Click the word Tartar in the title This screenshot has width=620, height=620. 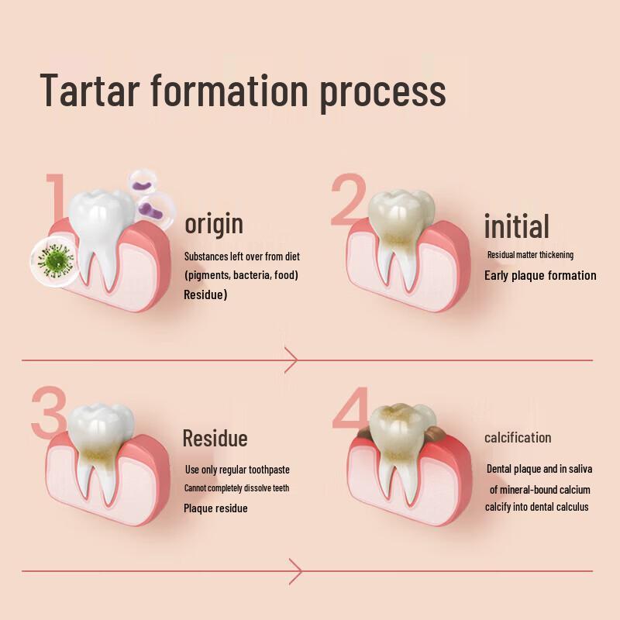click(90, 90)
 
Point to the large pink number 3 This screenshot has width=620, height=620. click(49, 412)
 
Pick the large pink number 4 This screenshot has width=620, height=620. click(351, 409)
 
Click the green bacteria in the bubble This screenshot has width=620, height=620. click(56, 260)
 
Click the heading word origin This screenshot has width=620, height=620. click(214, 224)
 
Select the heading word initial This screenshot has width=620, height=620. click(517, 226)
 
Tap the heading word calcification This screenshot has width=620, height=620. click(518, 438)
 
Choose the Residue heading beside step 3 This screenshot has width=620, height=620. click(215, 439)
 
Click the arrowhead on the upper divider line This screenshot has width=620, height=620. click(291, 360)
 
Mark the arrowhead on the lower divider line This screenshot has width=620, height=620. click(295, 571)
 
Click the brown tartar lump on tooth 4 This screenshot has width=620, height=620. click(436, 435)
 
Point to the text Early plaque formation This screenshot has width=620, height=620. click(540, 276)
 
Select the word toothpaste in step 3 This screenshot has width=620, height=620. click(269, 470)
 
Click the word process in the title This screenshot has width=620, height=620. click(383, 94)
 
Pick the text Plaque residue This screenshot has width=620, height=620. click(215, 508)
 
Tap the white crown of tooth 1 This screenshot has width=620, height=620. click(101, 214)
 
